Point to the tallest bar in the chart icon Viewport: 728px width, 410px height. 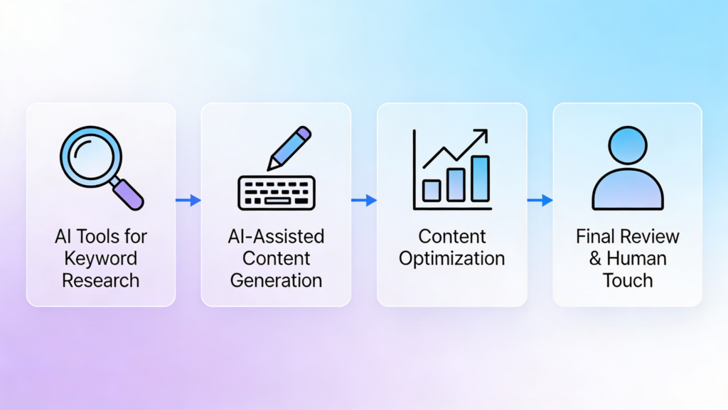[481, 178]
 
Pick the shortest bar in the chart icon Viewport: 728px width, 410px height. [432, 190]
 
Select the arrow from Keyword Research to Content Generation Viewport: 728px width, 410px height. [188, 201]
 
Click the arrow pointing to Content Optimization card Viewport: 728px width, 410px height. [364, 201]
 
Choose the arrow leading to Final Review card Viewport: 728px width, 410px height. [540, 201]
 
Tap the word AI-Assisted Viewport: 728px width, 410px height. [277, 236]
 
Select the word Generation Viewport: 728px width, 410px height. [277, 280]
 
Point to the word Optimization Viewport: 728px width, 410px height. [451, 258]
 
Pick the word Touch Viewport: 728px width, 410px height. [628, 280]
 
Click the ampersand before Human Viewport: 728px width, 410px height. [596, 258]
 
